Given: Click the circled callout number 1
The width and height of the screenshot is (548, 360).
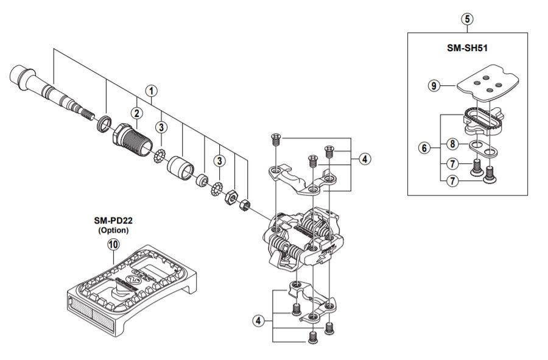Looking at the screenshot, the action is pos(151,91).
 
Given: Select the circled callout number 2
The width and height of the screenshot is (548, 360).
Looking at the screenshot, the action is pos(136,113).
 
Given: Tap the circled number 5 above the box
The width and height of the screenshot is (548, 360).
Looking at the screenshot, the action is pos(467,19).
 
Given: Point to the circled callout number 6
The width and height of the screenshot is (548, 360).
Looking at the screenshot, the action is pos(424,148).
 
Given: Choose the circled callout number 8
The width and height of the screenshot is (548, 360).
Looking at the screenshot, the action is pos(452,144).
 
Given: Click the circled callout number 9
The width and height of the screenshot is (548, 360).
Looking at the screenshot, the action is pos(434,85).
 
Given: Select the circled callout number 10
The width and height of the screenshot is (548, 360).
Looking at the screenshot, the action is pos(114,244).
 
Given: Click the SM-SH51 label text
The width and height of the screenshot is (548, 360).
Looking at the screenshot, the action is pos(467,48).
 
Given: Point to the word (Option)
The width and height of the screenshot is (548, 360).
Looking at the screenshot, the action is pos(113,230).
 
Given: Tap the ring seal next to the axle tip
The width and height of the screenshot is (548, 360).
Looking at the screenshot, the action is pos(104,125).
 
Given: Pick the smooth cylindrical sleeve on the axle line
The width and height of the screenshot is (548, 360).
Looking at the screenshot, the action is pos(180,168).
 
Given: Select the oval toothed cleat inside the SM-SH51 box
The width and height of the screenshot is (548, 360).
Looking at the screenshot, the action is pos(483,120).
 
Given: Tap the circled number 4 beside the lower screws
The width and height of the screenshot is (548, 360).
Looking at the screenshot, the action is pos(258,320).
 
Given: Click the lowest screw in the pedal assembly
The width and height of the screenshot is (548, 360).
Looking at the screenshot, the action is pos(313,337).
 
